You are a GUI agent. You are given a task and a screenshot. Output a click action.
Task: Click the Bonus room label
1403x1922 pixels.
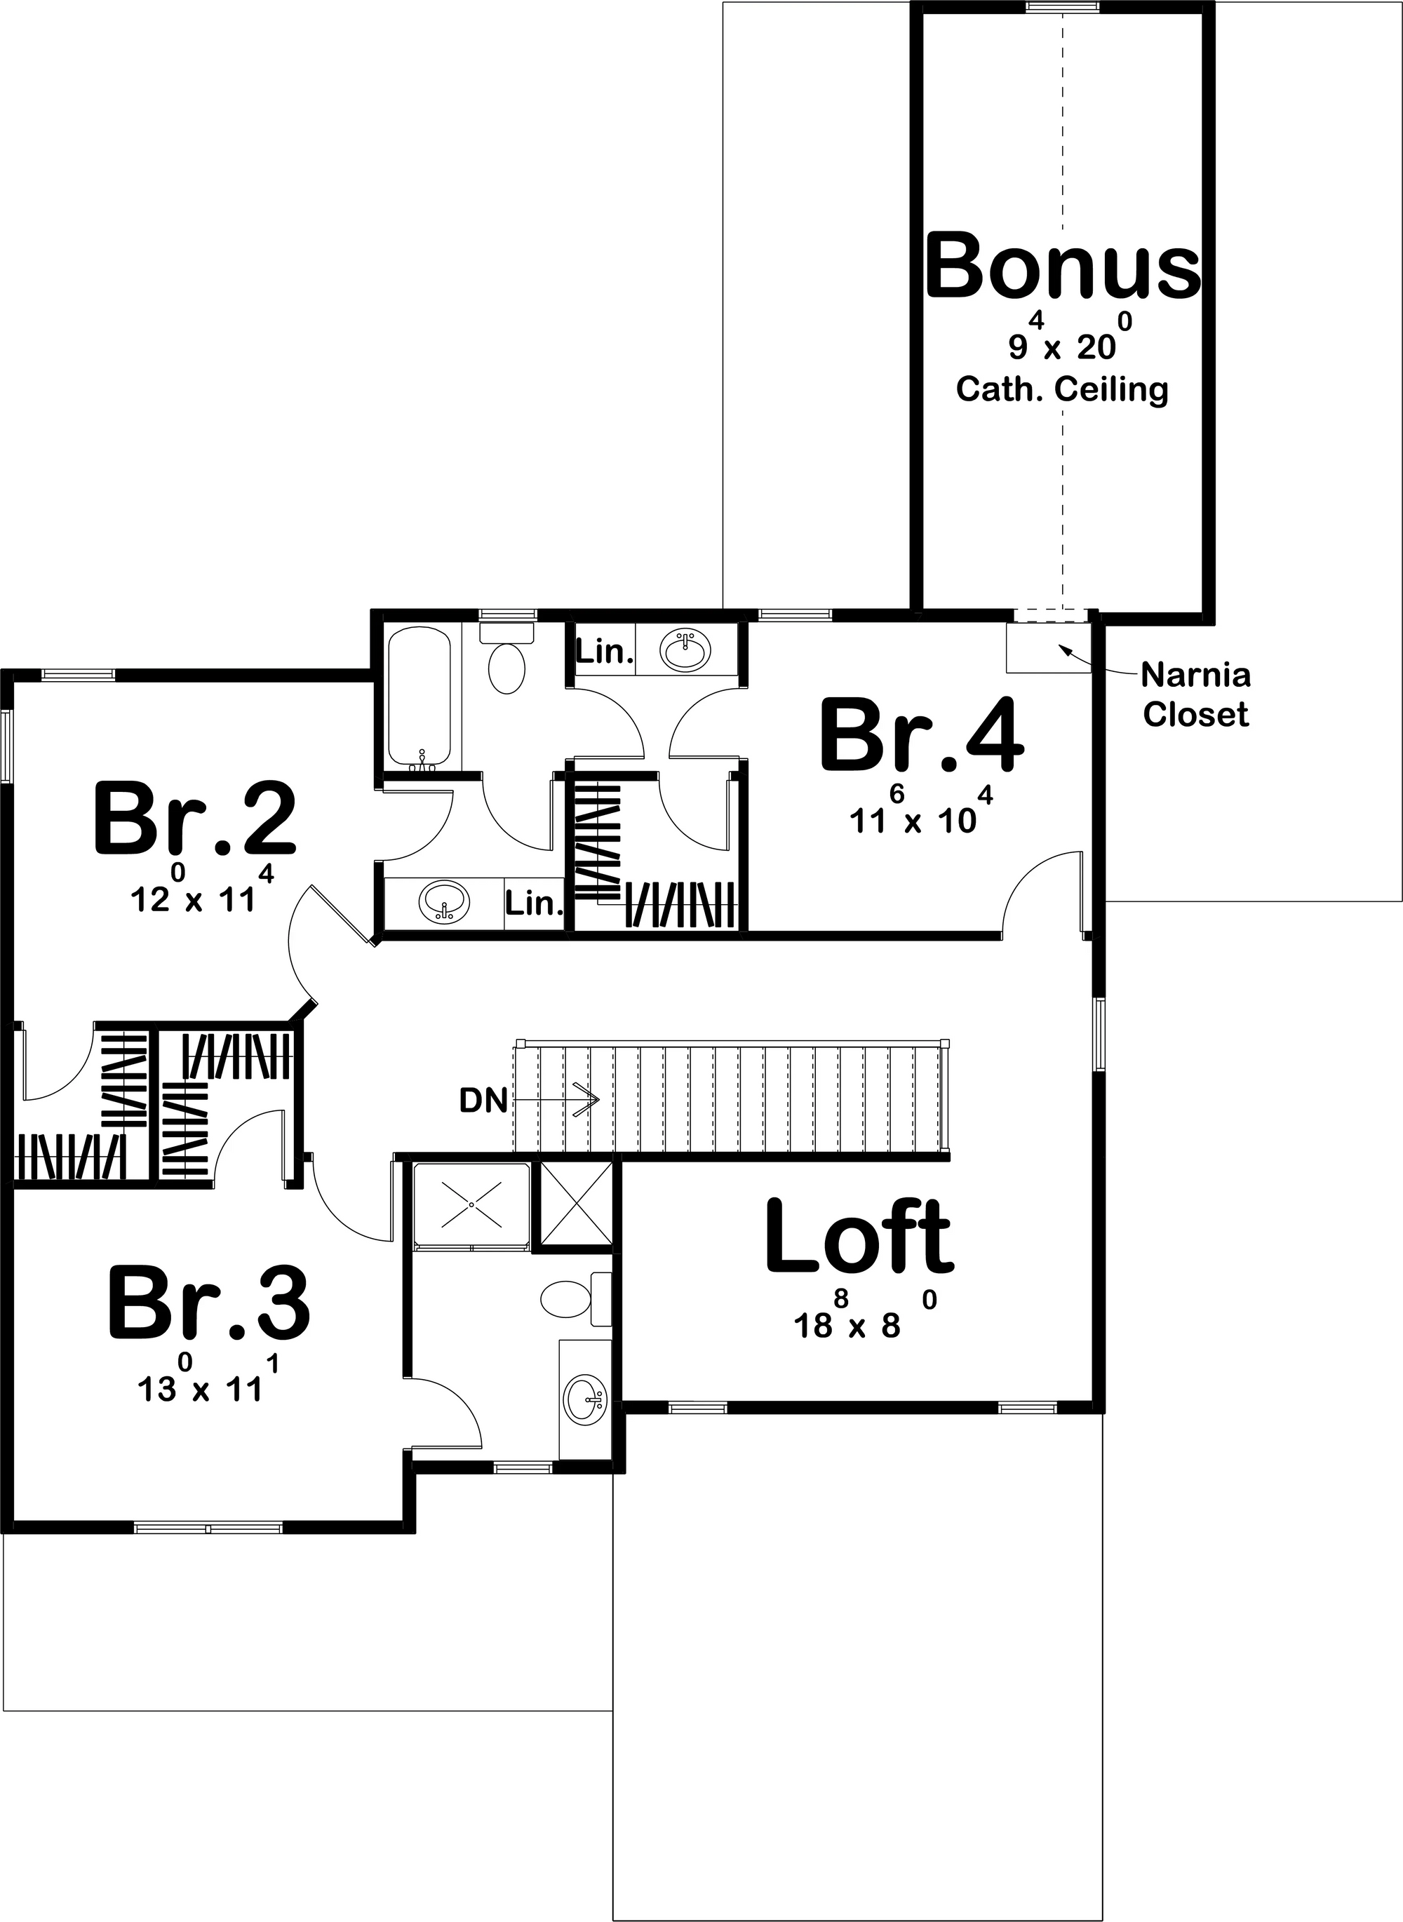pyautogui.click(x=1063, y=266)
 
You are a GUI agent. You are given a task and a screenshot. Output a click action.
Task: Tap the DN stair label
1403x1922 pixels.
pyautogui.click(x=483, y=1101)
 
